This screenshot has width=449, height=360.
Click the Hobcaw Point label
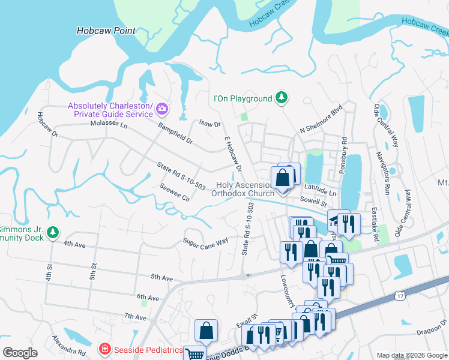point(106,31)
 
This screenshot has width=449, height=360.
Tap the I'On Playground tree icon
point(281,98)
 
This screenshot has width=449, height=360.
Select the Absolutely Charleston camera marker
point(161,109)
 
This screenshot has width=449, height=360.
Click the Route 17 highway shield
point(400,296)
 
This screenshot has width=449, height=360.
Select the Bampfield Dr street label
point(175,134)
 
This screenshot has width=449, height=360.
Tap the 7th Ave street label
point(136,316)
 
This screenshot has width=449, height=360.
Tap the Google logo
point(20,353)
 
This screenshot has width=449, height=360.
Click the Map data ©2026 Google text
point(411,355)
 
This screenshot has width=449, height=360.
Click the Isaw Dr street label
point(210,124)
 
